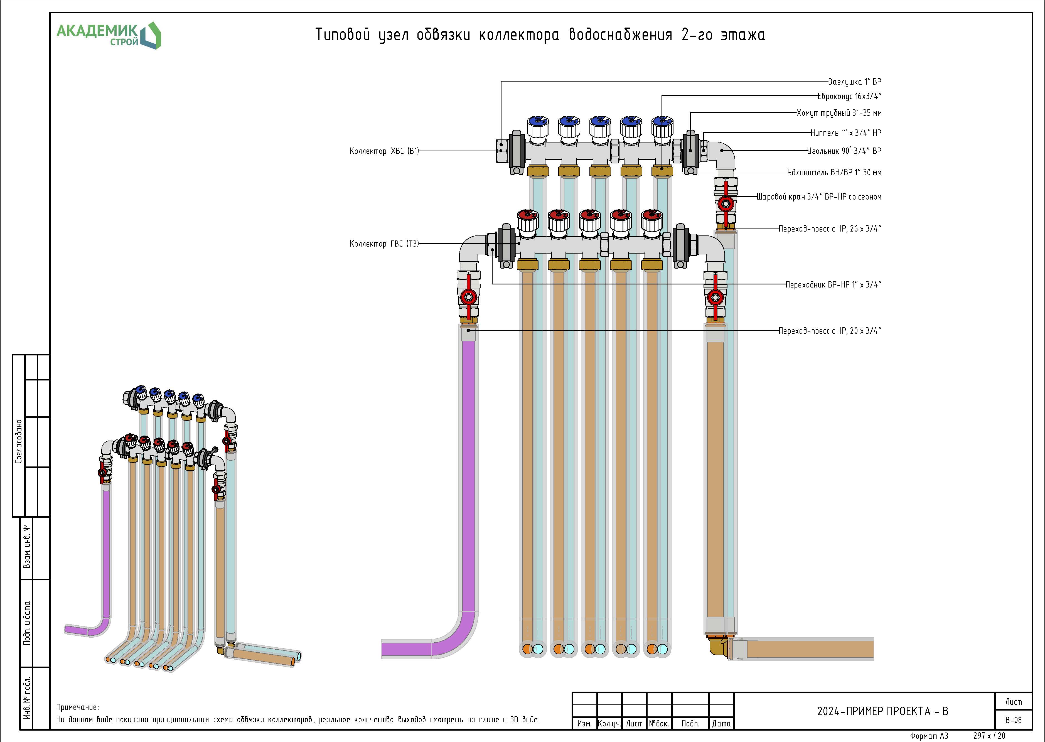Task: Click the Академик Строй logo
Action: point(108,35)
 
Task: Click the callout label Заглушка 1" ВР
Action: point(854,82)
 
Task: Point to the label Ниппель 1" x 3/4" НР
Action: point(845,133)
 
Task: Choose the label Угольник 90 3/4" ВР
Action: point(844,151)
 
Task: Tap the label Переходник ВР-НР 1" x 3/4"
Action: point(833,285)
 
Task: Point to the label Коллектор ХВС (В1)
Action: point(384,151)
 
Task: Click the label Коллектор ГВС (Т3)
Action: point(384,244)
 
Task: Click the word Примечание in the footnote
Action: point(77,707)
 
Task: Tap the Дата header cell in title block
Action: point(721,724)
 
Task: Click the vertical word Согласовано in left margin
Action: point(19,441)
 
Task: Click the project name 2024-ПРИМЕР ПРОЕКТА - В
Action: point(882,711)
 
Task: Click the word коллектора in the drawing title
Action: point(518,35)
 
